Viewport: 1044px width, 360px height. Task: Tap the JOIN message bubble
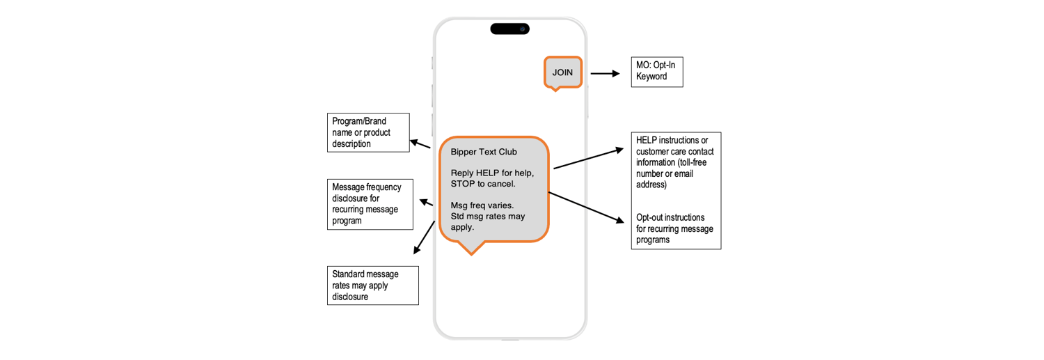click(x=562, y=72)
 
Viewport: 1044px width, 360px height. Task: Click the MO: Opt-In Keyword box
click(x=656, y=72)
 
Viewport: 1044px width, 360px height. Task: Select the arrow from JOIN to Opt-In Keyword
click(x=605, y=73)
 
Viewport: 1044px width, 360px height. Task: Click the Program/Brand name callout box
click(x=368, y=132)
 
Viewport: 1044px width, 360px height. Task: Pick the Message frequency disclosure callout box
click(x=370, y=204)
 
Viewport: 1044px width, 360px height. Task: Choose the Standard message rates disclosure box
click(x=372, y=285)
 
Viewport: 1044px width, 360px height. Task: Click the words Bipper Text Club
click(x=484, y=152)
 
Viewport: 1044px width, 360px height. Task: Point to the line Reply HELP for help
click(x=492, y=173)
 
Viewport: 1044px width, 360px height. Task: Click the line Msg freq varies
click(x=482, y=205)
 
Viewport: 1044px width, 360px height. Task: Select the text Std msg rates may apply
click(x=487, y=221)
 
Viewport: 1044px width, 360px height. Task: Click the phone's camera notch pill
click(x=509, y=29)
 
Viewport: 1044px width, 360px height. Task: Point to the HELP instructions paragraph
click(x=674, y=162)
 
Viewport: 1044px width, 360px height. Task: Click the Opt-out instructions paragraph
click(x=674, y=228)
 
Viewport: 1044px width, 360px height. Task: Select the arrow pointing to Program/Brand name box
click(x=420, y=144)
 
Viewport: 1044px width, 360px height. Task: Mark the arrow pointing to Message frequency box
click(x=426, y=203)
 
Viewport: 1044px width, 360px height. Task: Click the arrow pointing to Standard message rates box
click(x=424, y=237)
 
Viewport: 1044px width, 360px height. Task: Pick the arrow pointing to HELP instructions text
click(x=588, y=159)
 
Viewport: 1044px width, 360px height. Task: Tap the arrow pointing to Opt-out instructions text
click(x=586, y=207)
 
